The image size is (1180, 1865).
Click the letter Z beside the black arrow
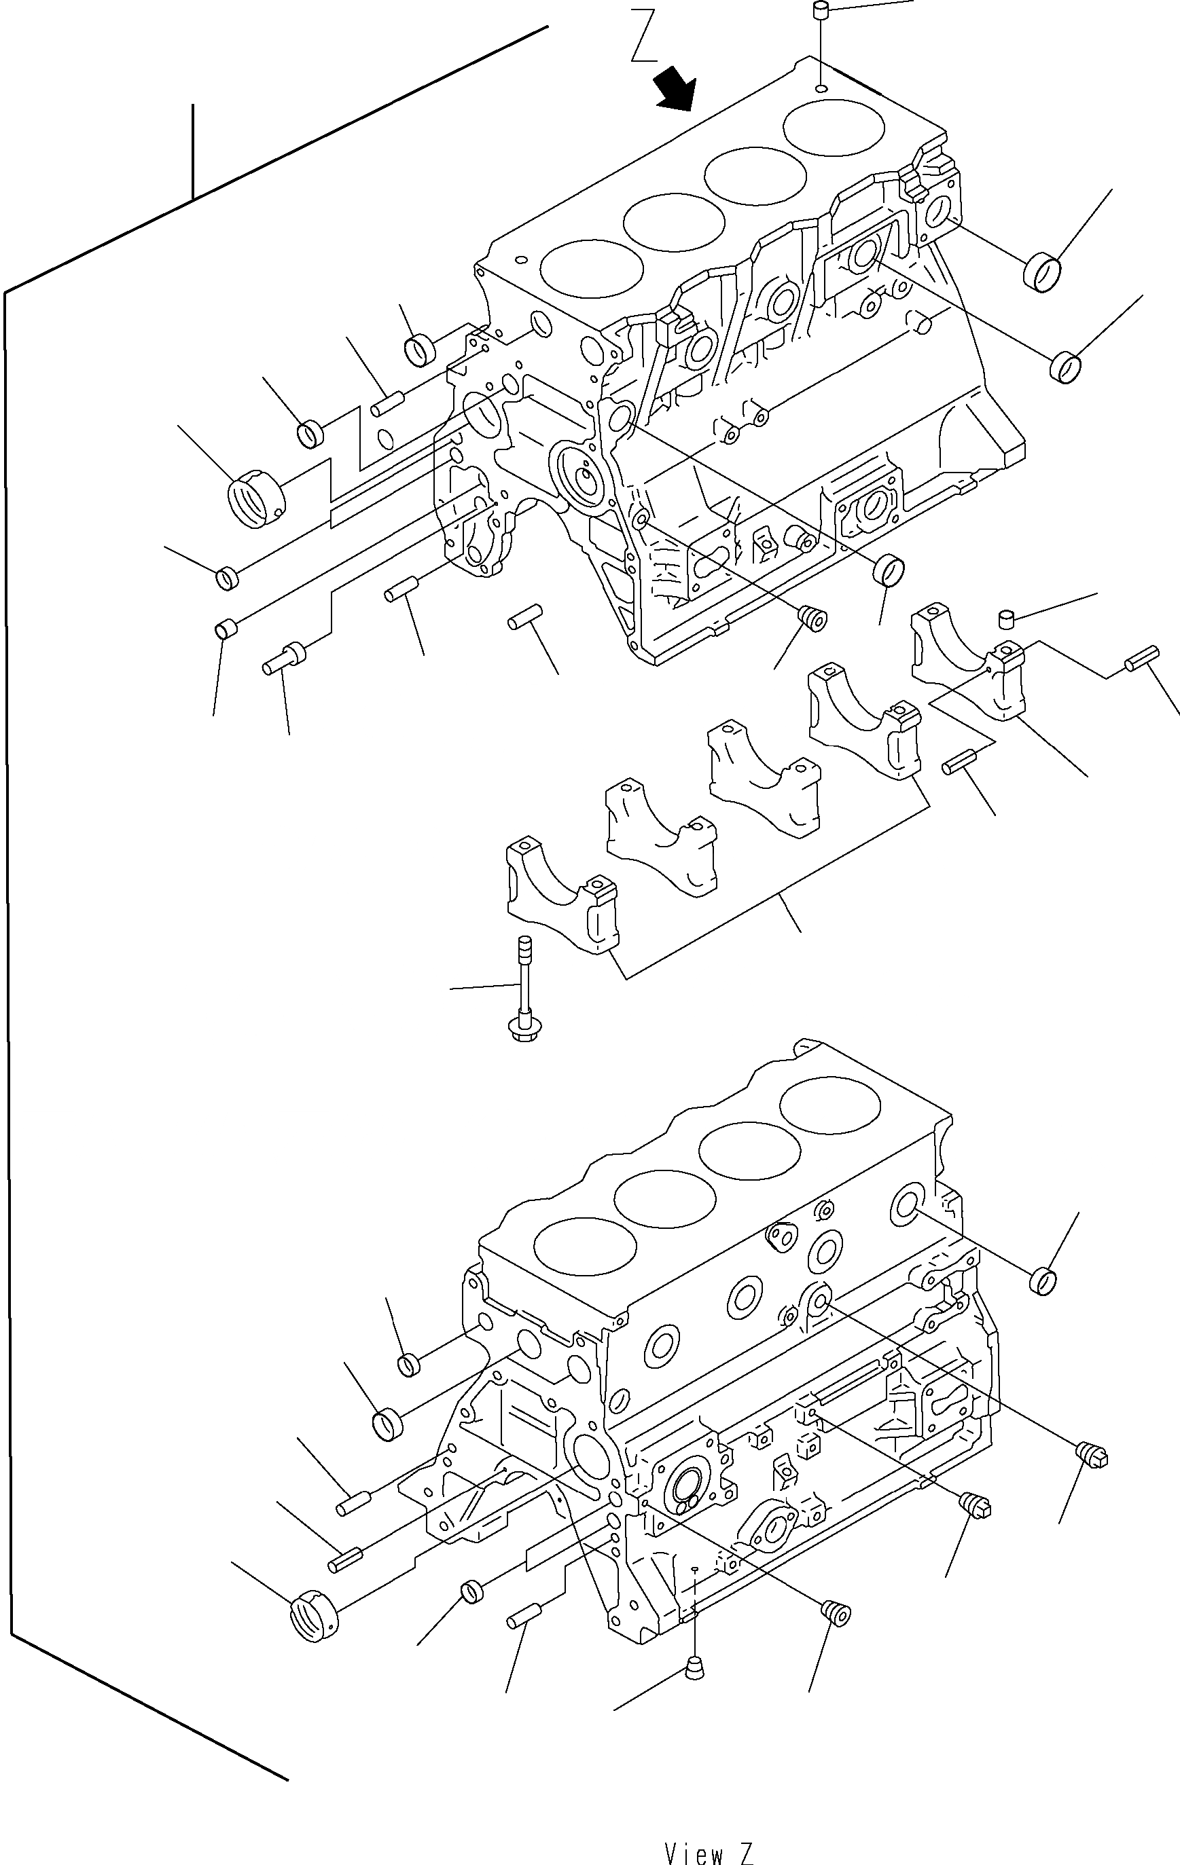tap(643, 35)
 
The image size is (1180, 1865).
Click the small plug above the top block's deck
tap(821, 11)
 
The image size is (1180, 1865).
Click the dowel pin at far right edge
tap(1142, 659)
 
